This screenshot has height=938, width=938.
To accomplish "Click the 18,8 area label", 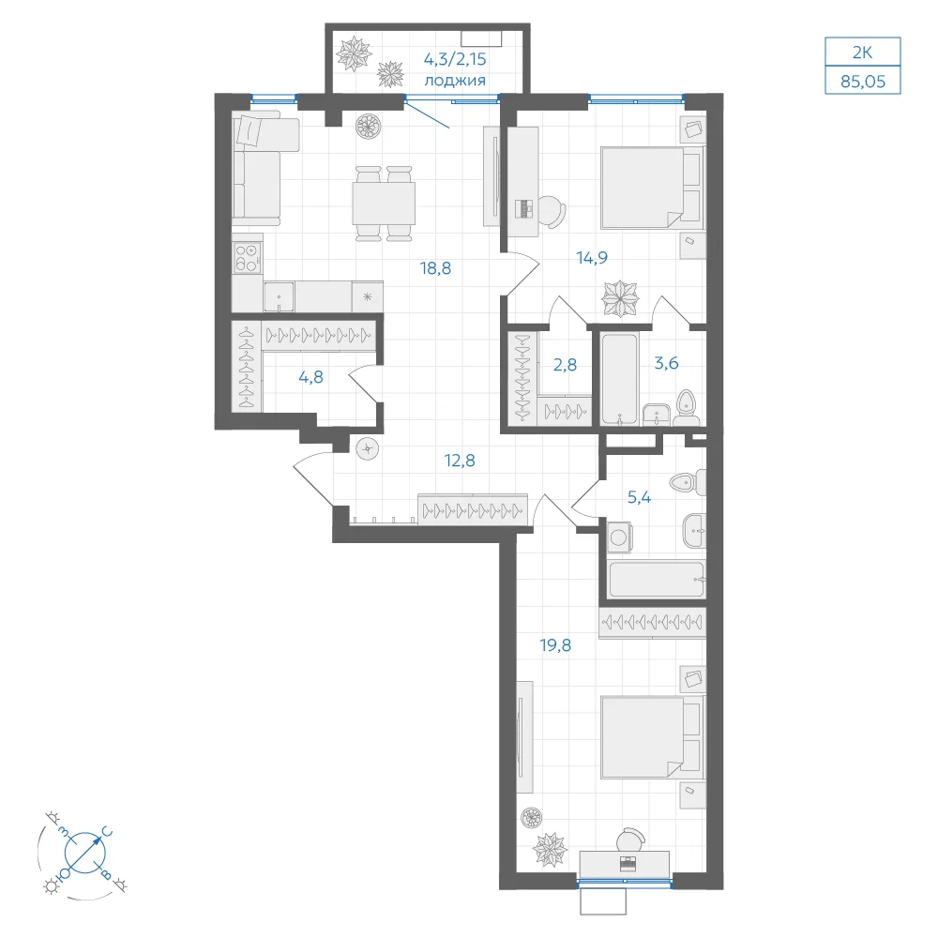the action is click(435, 268).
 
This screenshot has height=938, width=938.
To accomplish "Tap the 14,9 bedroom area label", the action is click(592, 258).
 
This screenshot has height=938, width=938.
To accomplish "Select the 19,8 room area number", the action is click(555, 645).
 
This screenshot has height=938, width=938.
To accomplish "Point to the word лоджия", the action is click(455, 81).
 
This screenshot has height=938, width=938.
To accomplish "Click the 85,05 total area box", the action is click(863, 81).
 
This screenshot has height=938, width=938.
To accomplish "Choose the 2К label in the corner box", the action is click(862, 53).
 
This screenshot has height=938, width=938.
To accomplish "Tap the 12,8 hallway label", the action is click(460, 461).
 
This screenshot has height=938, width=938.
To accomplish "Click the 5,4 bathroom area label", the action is click(639, 497).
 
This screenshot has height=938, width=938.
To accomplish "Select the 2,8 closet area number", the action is click(565, 364).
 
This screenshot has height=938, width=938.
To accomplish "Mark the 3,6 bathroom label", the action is click(666, 363).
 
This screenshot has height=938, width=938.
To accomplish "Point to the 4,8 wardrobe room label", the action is click(310, 377).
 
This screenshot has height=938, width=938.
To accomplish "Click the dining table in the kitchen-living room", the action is click(384, 204).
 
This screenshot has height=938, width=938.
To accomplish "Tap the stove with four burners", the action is click(247, 258).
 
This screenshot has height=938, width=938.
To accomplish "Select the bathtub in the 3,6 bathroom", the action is click(618, 379).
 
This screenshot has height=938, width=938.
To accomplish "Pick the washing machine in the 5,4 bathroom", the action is click(619, 537).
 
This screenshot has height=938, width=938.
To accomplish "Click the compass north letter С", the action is click(107, 832).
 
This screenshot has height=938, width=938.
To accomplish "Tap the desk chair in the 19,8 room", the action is click(631, 840).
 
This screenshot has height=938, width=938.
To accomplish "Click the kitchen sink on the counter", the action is click(279, 296).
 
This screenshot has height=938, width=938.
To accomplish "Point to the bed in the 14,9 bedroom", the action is click(651, 189).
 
